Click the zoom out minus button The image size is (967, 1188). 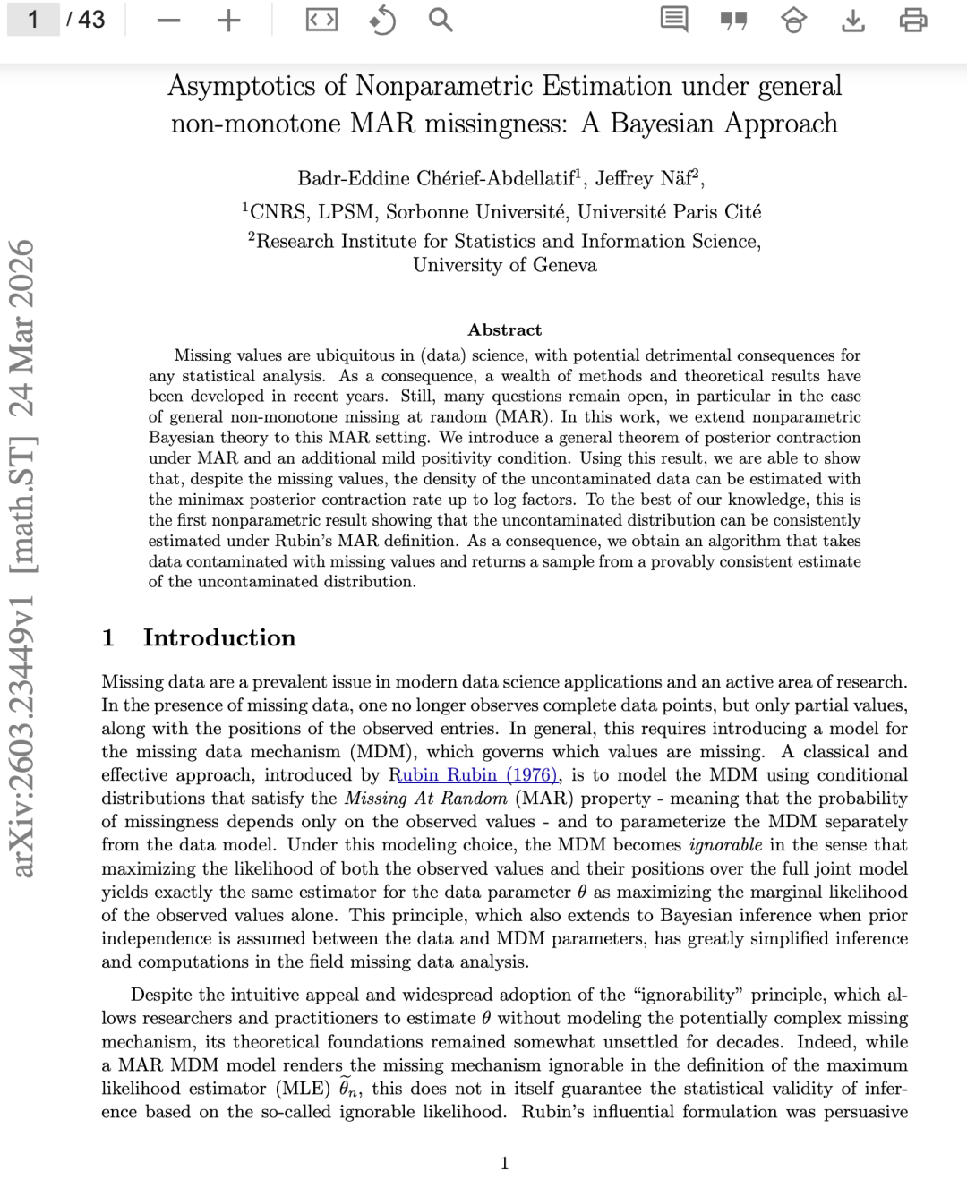[x=168, y=21]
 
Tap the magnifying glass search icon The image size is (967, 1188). [x=440, y=20]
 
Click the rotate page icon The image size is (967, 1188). [x=382, y=20]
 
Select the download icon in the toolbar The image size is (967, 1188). [x=853, y=20]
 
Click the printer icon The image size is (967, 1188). [x=912, y=20]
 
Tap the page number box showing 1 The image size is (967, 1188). [x=33, y=19]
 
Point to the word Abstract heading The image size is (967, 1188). [x=504, y=329]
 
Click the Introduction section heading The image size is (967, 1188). [x=218, y=637]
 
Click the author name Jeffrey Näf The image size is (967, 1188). [x=646, y=178]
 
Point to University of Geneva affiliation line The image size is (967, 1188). [x=504, y=265]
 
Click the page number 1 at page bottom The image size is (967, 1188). [x=504, y=1163]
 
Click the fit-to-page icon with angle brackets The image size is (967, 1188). [x=321, y=20]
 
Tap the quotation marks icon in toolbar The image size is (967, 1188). [x=733, y=20]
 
